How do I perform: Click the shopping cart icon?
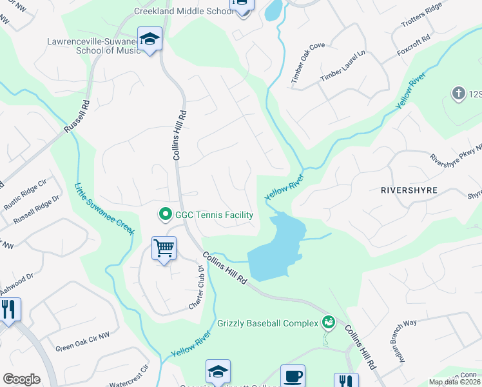[164, 248]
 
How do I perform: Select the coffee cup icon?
[293, 376]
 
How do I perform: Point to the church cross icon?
[459, 94]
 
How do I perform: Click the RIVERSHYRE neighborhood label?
[409, 191]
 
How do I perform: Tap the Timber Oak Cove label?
[307, 64]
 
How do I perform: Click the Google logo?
[21, 379]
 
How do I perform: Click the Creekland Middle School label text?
[183, 11]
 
